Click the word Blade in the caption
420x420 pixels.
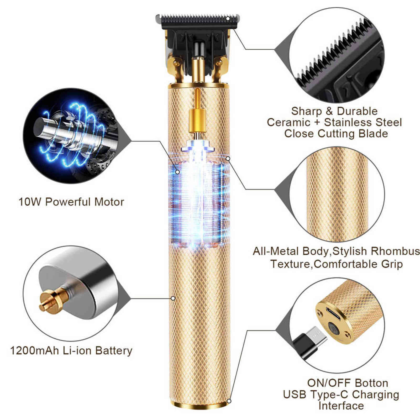point(373,134)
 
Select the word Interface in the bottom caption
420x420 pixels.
point(341,406)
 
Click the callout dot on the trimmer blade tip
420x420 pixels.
point(228,18)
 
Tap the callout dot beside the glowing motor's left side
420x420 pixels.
point(178,172)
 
